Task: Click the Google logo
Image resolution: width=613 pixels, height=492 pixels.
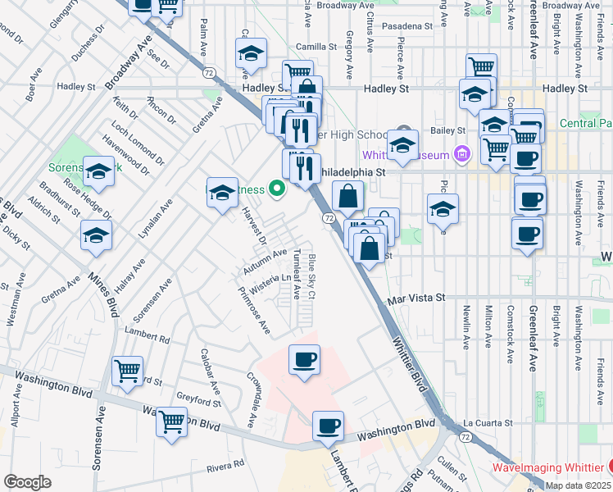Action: coord(27,482)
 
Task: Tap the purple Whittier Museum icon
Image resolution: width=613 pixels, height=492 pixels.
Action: coord(462,154)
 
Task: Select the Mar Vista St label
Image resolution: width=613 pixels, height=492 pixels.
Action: coord(415,298)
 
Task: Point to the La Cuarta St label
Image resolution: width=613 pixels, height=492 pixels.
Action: coord(487,423)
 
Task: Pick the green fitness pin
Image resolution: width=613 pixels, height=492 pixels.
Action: coord(278,189)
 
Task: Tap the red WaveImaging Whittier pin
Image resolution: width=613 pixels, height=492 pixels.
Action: coord(607,467)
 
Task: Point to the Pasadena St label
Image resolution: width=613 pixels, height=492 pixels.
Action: coord(403,26)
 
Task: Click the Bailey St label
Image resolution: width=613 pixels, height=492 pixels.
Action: coord(447,130)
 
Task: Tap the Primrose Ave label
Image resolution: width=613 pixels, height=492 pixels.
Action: coord(253,309)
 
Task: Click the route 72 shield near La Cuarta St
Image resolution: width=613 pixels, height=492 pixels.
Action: coord(465,439)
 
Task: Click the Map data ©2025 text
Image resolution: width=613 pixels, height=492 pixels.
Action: coord(578,485)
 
